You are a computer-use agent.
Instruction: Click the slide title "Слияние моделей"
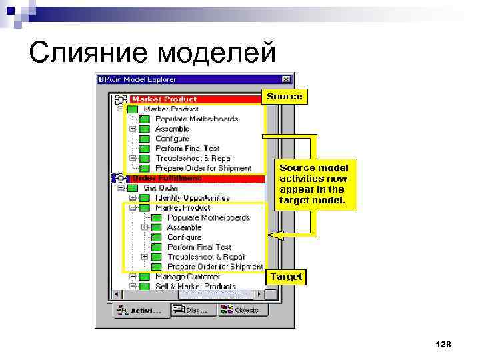tap(152, 51)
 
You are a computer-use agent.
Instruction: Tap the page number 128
tap(443, 344)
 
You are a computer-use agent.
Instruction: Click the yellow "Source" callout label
tap(284, 97)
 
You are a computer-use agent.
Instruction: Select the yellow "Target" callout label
tap(286, 277)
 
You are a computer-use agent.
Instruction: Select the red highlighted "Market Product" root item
tap(164, 99)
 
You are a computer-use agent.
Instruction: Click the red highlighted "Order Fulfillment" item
tap(167, 178)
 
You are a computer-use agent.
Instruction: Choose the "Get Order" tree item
tap(161, 188)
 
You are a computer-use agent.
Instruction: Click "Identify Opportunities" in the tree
tap(192, 198)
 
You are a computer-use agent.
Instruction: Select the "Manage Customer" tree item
tap(187, 277)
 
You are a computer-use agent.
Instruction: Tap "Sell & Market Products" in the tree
tap(195, 287)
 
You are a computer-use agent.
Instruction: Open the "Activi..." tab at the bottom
tap(139, 310)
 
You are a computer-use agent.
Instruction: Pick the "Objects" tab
tap(244, 310)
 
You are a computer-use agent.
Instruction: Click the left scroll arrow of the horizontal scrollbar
tap(118, 295)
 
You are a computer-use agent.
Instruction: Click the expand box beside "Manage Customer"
tap(133, 277)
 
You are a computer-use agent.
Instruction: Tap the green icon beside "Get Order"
tap(132, 188)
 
